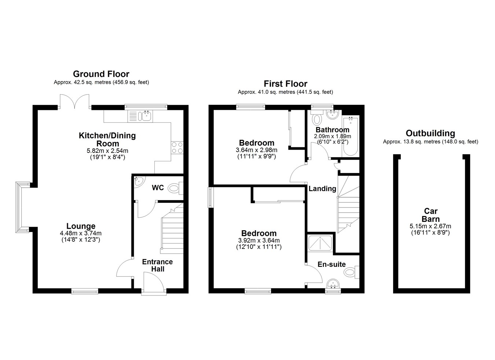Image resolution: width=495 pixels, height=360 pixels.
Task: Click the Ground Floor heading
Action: point(101,74)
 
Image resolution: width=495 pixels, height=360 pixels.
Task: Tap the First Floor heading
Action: point(286,84)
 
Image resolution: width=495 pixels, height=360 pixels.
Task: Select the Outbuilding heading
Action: point(430,133)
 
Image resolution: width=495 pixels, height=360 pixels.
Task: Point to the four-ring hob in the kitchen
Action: point(177,148)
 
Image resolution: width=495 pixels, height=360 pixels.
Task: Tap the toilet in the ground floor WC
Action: point(176,188)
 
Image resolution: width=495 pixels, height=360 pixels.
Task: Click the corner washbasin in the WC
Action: point(139,182)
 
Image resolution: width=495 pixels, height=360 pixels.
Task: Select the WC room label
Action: point(158,188)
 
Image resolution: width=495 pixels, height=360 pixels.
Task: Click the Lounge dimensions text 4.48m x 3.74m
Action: point(81,233)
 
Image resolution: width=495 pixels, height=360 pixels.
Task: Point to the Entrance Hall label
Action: point(158,265)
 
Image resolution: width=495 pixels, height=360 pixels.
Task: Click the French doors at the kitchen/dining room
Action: point(75,102)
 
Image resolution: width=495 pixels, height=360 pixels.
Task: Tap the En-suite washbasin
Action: point(333,284)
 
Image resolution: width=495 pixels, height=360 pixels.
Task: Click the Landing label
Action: point(322,188)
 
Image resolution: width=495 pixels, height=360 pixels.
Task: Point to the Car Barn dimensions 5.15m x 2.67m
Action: point(430,226)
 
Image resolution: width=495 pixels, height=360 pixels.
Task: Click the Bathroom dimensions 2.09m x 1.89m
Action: point(333,136)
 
